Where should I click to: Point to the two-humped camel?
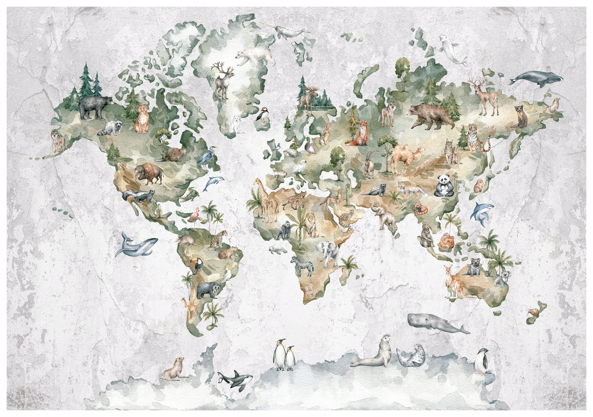[x=406, y=157]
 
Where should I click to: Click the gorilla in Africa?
[x=284, y=231]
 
